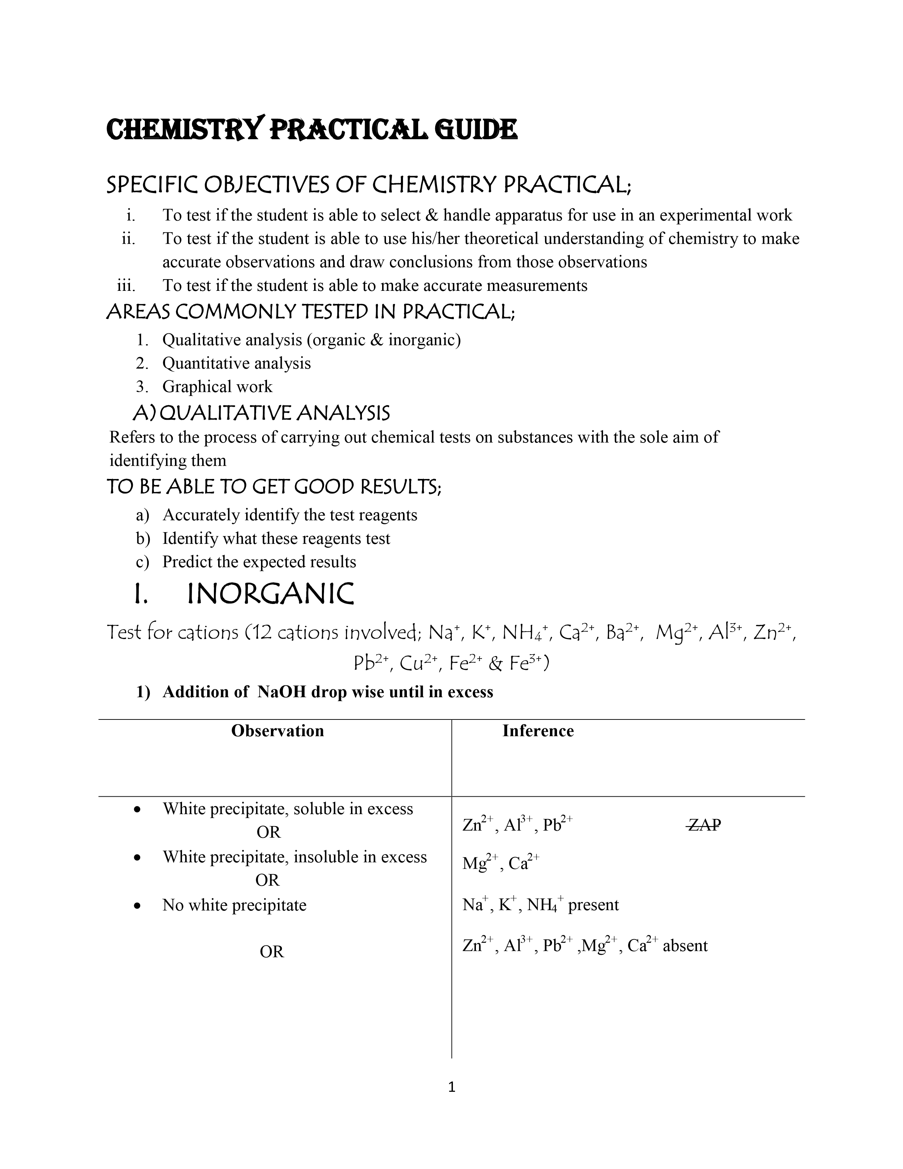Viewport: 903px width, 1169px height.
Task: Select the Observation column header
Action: [x=277, y=731]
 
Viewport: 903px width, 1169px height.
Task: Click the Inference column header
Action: [x=538, y=731]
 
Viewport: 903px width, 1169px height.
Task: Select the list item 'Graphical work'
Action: [x=217, y=386]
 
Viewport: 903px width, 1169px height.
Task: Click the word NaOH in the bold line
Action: [x=282, y=692]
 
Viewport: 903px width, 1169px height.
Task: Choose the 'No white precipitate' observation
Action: [x=234, y=905]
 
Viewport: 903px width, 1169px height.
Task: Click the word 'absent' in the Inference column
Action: [x=685, y=946]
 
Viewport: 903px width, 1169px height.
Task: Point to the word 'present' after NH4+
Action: [x=593, y=905]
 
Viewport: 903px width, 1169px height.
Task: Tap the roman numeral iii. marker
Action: [x=126, y=285]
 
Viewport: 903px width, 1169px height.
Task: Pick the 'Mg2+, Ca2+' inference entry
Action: [x=501, y=863]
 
